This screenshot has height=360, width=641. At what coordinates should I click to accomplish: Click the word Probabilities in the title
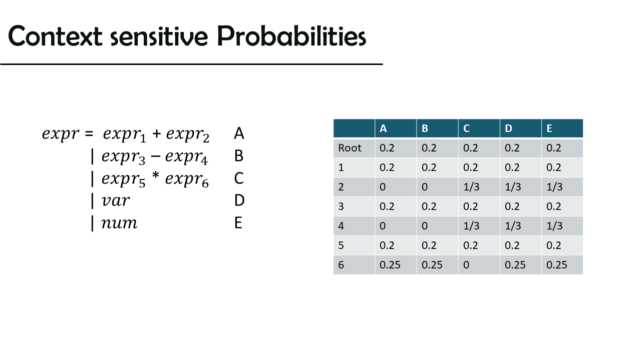pos(291,36)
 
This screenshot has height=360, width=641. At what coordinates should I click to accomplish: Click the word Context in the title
pos(55,35)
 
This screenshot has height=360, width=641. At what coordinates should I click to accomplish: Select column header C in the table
pos(466,128)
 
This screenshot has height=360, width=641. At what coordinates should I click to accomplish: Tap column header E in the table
pos(549,128)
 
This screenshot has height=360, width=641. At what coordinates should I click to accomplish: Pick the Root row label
pos(350,148)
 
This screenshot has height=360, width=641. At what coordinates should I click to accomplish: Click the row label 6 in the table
pos(341,265)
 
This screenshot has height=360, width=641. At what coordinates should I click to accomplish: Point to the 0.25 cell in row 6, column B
pos(432,265)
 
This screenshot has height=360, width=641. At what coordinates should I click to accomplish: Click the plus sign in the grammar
pos(157,133)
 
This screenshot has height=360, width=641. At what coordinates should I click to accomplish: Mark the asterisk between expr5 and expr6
pos(156,175)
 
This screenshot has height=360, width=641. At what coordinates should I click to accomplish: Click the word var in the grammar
pos(116,200)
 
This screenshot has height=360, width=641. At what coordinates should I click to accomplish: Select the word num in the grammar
pos(119,223)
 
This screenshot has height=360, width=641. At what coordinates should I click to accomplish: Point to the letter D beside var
pos(239,200)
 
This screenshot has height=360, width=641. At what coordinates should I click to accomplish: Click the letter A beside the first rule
pos(239,133)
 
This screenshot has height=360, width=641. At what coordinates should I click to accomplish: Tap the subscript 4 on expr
pos(204,161)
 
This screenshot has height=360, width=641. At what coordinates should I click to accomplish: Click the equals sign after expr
pos(89,133)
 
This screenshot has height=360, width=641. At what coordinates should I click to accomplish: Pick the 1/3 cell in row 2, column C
pos(471,187)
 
